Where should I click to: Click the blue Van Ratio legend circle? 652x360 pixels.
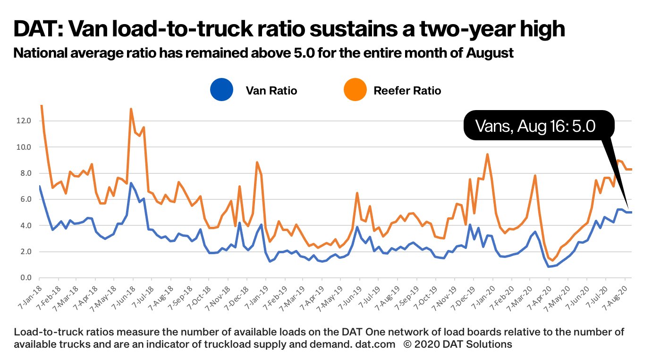point(221,90)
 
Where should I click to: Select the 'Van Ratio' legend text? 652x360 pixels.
point(271,90)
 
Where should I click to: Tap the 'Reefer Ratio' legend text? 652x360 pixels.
point(407,90)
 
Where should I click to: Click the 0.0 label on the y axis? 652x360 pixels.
point(25,278)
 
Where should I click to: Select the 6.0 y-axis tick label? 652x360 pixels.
point(25,199)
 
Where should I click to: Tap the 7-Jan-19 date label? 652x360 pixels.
point(256,296)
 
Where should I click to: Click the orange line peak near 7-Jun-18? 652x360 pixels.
point(131,109)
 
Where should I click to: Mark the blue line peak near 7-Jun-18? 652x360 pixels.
point(131,183)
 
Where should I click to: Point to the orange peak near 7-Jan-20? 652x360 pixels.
point(487,154)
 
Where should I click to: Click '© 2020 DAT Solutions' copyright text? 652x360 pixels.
point(457,344)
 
